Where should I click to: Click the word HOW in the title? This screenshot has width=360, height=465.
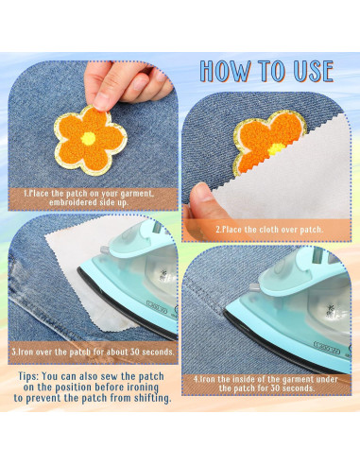tap(226, 71)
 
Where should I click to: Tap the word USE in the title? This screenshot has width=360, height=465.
tap(313, 71)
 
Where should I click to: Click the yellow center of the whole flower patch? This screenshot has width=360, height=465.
tap(88, 139)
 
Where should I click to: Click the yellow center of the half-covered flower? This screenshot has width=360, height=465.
tap(276, 148)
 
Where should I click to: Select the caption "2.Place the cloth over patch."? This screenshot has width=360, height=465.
tap(269, 230)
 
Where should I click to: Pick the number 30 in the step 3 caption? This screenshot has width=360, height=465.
tap(135, 352)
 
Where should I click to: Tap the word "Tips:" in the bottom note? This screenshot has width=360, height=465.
tap(28, 376)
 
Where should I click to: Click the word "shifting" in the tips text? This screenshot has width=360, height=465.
tap(152, 398)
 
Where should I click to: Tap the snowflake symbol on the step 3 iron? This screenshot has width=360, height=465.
tap(163, 274)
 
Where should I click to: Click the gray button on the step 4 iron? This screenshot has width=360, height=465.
tap(254, 287)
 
